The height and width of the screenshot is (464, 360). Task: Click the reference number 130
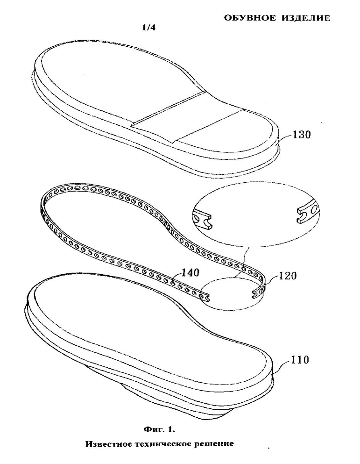tap(302, 135)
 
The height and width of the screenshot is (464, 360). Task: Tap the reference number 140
tap(190, 272)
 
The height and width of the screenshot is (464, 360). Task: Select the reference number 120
tap(288, 276)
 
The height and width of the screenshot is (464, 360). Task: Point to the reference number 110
tap(300, 360)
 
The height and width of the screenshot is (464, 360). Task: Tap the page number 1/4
tap(148, 28)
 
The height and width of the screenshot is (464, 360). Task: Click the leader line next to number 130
tap(284, 140)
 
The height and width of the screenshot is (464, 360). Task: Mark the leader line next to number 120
tap(272, 279)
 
